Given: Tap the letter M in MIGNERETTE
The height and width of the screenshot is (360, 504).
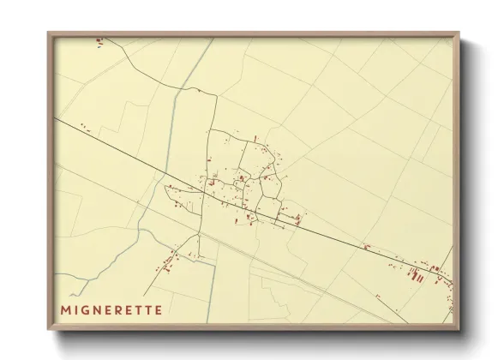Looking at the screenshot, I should (x=66, y=307).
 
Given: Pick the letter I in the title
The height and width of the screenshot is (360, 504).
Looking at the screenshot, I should (x=77, y=307).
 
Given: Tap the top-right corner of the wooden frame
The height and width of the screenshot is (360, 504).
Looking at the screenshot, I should (x=459, y=33).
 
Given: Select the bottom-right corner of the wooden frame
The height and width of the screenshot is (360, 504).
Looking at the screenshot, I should (x=459, y=330).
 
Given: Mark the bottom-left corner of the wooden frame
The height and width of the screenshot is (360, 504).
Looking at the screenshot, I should (x=48, y=330).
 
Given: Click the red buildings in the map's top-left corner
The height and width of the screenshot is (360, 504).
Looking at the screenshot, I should (x=99, y=39).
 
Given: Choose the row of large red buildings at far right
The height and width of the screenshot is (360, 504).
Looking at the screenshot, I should (x=416, y=274).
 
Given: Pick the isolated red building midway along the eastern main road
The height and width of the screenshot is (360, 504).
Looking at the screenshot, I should (x=367, y=247).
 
